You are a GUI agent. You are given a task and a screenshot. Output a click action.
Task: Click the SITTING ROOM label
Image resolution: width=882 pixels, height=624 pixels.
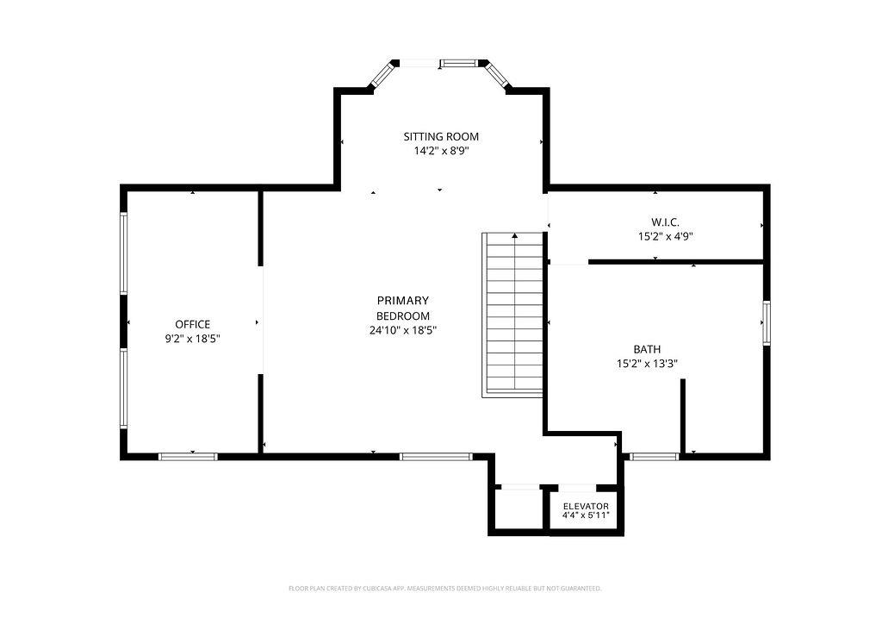click(x=441, y=136)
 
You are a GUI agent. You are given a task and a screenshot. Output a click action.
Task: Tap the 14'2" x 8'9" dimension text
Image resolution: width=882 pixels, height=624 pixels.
click(x=441, y=151)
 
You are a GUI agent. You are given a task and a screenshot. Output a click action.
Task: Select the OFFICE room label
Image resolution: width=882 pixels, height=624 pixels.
click(x=192, y=324)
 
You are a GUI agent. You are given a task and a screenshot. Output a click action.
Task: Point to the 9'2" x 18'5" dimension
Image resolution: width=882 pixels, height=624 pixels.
click(x=192, y=339)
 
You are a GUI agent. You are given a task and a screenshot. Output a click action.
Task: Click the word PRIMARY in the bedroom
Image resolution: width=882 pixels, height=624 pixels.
click(x=403, y=301)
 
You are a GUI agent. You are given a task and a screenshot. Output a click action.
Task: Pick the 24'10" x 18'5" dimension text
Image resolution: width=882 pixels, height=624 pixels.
click(x=403, y=331)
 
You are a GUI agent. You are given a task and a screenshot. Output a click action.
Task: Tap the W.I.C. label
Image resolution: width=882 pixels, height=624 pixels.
click(x=666, y=222)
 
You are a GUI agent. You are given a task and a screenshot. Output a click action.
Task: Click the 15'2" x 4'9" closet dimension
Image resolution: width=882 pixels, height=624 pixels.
click(x=666, y=237)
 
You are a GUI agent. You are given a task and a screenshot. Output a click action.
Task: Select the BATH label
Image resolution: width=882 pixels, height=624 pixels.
click(x=647, y=349)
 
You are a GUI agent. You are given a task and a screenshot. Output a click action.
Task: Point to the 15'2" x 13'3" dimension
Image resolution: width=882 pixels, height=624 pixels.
click(x=647, y=364)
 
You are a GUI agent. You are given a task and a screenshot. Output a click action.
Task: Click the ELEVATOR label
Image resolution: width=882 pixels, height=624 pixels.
click(x=586, y=507)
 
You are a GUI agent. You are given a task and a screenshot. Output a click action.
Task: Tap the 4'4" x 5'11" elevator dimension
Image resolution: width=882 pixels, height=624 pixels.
click(x=586, y=515)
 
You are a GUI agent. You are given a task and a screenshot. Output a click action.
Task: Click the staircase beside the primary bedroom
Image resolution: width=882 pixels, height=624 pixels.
click(x=512, y=315)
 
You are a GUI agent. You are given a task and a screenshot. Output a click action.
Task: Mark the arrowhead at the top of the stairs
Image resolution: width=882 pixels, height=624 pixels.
click(x=515, y=236)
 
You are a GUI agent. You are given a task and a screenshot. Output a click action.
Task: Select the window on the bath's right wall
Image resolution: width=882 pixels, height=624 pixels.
click(x=766, y=323)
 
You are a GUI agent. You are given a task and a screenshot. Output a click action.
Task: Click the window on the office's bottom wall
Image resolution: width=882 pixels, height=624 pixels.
click(x=188, y=456)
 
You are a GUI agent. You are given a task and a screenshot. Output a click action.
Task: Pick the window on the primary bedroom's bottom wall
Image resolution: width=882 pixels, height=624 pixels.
click(x=437, y=456)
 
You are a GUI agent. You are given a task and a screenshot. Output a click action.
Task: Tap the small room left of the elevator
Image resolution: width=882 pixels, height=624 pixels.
click(x=519, y=509)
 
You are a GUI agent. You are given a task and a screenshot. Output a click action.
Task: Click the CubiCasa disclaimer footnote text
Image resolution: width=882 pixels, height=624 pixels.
click(x=445, y=589)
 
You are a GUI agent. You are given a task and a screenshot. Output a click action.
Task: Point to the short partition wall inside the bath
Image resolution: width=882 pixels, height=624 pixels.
click(x=683, y=415)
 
